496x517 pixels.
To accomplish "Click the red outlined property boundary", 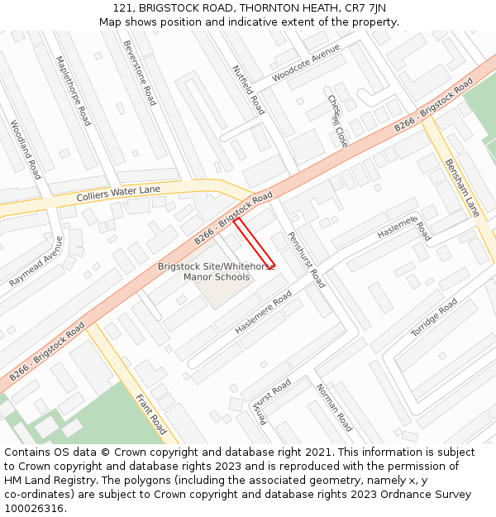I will click(x=255, y=243).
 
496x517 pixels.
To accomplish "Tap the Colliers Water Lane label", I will click(x=118, y=195).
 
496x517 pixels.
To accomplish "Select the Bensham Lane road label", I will click(x=462, y=188).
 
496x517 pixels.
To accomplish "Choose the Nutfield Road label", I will click(x=248, y=89).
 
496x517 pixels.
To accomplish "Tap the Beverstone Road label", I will click(x=139, y=73).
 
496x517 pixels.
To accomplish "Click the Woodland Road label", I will click(x=25, y=150).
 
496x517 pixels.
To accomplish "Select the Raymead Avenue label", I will click(x=36, y=261).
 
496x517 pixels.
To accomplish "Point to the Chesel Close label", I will click(x=337, y=121).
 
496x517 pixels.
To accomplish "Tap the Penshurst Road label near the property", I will click(x=306, y=259).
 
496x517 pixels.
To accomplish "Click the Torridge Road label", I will click(x=434, y=318).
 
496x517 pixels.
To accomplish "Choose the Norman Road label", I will click(x=334, y=407).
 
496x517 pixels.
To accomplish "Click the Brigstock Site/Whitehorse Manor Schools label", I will click(x=216, y=271).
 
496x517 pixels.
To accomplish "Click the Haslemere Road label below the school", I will click(x=263, y=312).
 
